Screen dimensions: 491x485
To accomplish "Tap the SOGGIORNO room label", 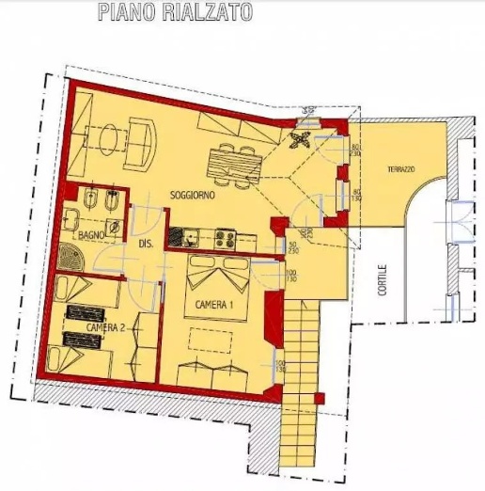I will point(194,195).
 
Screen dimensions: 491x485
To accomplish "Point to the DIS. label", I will point(146,244).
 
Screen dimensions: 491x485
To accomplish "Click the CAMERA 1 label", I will point(216,306).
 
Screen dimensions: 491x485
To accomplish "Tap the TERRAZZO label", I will point(401,169).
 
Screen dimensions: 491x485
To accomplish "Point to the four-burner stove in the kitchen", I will point(226,237).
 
